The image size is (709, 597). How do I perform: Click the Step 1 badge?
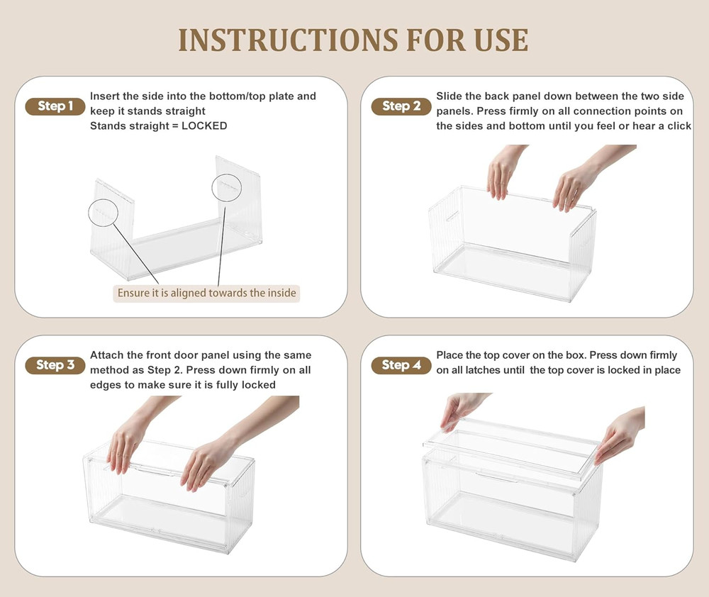click(55, 106)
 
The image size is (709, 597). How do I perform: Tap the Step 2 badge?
click(401, 106)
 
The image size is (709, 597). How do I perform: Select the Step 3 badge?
click(55, 365)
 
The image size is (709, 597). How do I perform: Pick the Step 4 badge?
click(401, 365)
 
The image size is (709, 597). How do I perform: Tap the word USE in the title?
click(501, 40)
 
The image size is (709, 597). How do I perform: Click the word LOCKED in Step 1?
click(204, 125)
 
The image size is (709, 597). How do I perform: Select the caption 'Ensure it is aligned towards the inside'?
click(206, 293)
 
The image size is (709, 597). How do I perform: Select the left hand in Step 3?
click(131, 434)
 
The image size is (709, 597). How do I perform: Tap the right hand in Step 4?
click(620, 434)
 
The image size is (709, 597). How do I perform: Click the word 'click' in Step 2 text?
click(679, 125)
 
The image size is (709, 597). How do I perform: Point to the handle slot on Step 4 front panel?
click(496, 476)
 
